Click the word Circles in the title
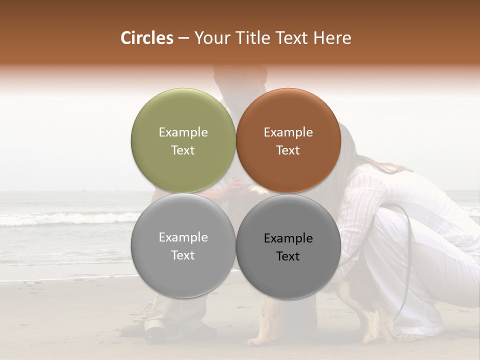146,38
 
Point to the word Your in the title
209,38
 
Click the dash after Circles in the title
183,38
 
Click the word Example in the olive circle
183,132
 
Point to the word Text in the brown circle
288,150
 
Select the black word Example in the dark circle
288,238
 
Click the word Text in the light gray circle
183,255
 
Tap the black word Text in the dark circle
288,256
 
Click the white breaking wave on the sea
65,218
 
